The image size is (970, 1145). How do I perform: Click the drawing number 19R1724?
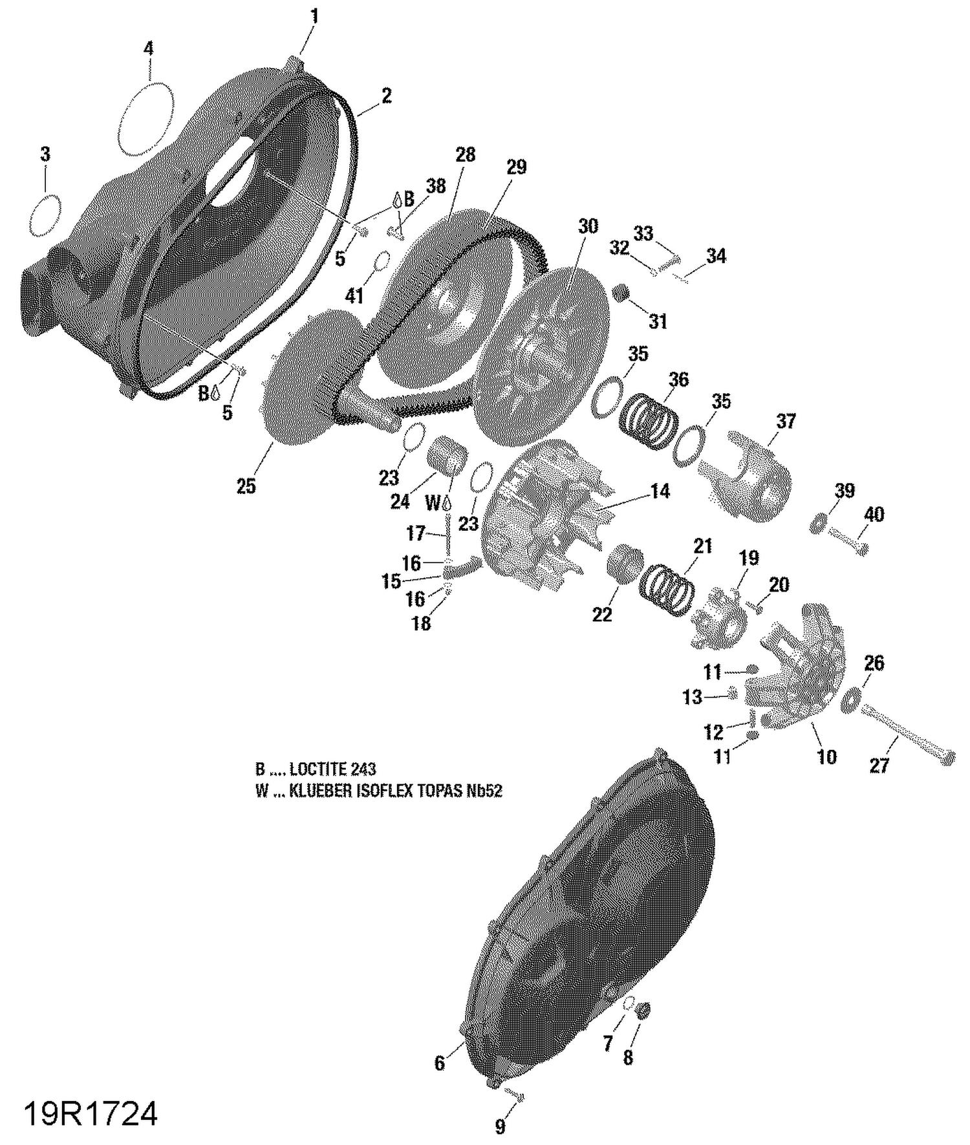click(x=91, y=1115)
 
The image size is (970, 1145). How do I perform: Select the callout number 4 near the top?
click(x=149, y=48)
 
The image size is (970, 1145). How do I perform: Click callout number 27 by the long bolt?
click(x=878, y=765)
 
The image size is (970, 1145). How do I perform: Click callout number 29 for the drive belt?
click(x=516, y=167)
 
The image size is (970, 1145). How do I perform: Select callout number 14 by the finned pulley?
click(x=660, y=491)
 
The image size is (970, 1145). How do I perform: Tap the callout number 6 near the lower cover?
click(x=440, y=1063)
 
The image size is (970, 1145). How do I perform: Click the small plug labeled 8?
click(x=643, y=1010)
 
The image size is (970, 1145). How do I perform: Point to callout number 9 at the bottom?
click(x=500, y=1127)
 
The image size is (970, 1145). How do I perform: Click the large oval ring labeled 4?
click(x=147, y=118)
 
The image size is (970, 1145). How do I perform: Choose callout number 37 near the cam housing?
click(x=786, y=422)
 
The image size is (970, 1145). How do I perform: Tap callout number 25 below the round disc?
click(x=246, y=486)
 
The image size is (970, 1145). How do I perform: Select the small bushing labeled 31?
click(x=621, y=294)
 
